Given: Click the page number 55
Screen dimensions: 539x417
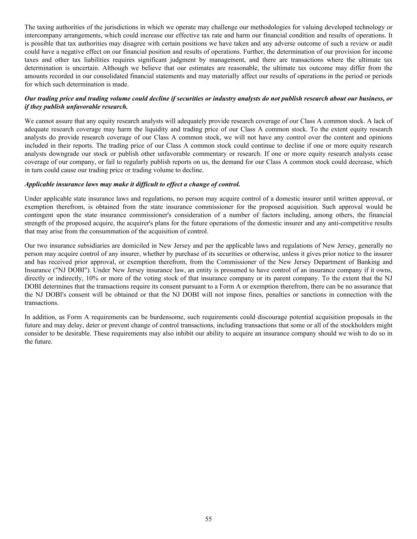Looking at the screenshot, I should [208, 519].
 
